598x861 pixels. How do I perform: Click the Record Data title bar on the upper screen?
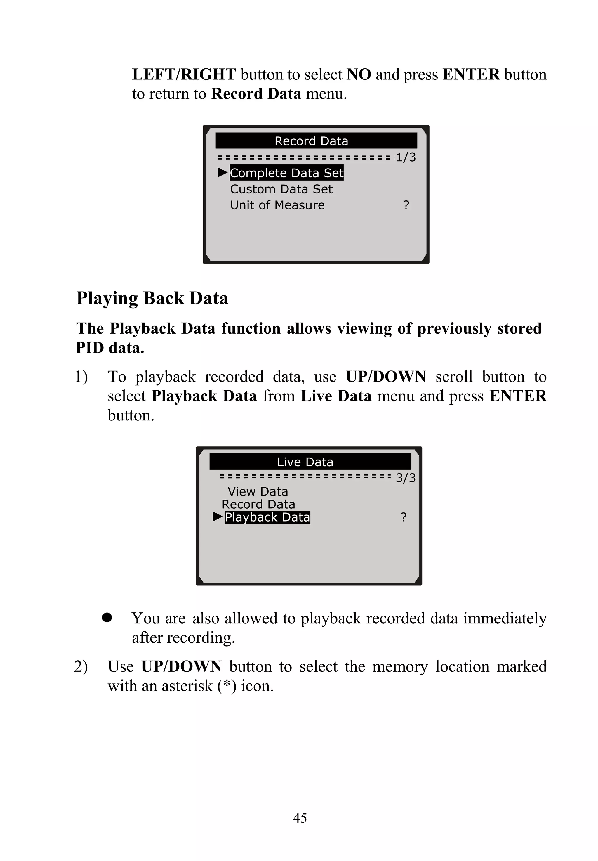316,141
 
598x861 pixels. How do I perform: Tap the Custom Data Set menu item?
281,189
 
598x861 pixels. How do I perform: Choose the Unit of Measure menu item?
277,205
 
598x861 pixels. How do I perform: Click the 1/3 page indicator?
406,157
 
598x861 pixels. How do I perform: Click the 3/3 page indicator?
406,478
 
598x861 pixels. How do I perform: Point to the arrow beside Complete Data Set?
222,172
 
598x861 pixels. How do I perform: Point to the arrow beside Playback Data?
217,517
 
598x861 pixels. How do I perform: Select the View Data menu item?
258,491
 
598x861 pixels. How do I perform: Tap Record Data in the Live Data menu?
258,504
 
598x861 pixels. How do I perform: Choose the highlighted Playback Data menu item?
267,517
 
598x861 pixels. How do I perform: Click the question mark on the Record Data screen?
406,205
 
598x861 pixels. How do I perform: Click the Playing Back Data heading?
152,298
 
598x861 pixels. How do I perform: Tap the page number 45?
300,817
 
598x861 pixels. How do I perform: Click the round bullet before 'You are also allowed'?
107,617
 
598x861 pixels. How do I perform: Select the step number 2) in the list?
81,666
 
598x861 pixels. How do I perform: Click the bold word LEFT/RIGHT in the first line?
184,74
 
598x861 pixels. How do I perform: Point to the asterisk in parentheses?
227,685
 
